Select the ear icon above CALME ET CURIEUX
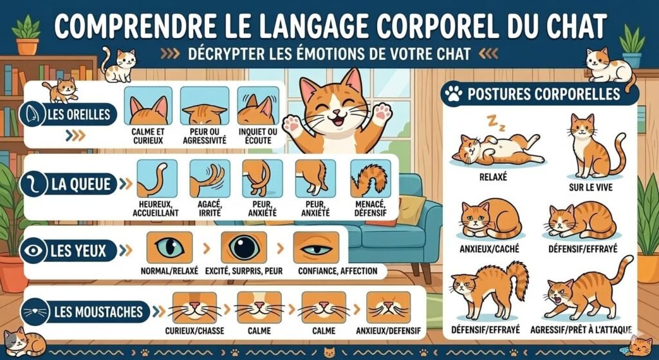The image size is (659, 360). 148,106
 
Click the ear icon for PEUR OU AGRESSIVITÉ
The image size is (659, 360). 205,106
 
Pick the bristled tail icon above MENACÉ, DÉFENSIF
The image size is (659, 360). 370,178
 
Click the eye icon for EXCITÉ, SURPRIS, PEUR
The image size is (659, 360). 244,247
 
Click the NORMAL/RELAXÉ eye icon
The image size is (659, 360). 169,247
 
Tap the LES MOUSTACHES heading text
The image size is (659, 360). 98,313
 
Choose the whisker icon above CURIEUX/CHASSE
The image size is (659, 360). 194,307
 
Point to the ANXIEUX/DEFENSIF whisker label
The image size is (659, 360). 390,331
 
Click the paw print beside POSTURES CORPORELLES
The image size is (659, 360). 454,95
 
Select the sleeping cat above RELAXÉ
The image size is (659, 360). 496,147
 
